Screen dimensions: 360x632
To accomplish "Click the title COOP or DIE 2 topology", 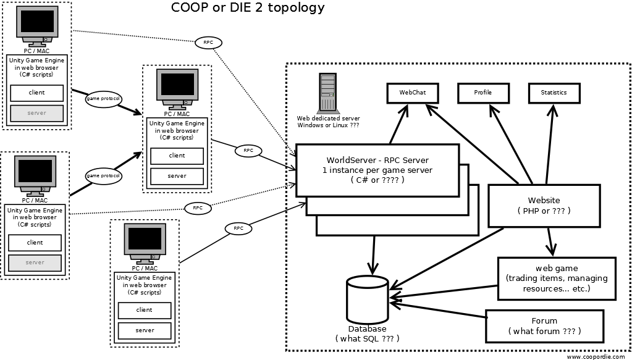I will [x=247, y=8].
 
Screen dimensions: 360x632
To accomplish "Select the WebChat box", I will [x=413, y=93].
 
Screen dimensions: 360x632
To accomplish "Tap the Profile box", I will [x=483, y=93].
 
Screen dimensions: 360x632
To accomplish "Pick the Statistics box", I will [x=554, y=93].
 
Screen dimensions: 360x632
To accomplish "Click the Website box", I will [x=544, y=205].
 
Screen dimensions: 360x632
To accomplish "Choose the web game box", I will [x=557, y=278].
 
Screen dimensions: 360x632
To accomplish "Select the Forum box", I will [x=544, y=326].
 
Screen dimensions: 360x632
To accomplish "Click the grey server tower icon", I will [x=328, y=93].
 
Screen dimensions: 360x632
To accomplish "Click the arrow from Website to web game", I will [x=549, y=240].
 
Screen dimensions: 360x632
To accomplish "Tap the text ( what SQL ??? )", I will [x=367, y=338].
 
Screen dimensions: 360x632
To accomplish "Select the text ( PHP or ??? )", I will [x=544, y=211].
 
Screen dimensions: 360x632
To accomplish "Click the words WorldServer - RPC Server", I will [x=377, y=161].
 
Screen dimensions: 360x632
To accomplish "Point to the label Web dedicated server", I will [x=329, y=118].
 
